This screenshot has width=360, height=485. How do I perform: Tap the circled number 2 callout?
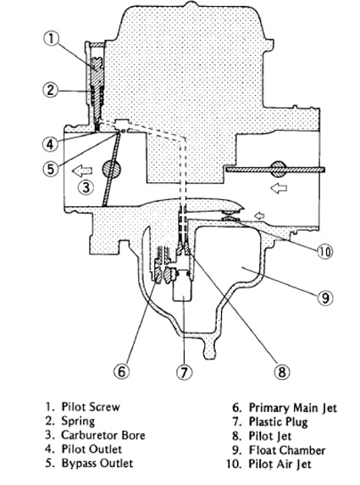click(51, 91)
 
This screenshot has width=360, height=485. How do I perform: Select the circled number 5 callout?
click(51, 169)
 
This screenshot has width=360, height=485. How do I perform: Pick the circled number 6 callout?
click(122, 371)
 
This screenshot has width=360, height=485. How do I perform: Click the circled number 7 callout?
click(184, 371)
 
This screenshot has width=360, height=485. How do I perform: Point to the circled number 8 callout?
click(282, 371)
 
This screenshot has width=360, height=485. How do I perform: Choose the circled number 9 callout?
click(325, 298)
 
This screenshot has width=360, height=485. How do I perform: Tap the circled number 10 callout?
click(324, 251)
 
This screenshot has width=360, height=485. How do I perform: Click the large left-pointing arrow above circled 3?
click(82, 170)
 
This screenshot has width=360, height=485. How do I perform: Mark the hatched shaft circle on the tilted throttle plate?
click(111, 170)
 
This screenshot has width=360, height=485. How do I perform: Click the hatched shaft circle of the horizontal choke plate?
click(278, 170)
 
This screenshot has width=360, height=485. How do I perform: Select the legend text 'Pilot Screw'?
click(91, 407)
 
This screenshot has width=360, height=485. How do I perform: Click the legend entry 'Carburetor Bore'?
click(103, 435)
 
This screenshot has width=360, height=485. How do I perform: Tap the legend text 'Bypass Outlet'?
click(97, 463)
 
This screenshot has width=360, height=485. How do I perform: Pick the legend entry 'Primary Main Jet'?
click(293, 408)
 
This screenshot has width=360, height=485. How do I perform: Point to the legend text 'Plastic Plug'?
click(278, 422)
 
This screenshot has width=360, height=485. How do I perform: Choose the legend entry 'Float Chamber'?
click(287, 450)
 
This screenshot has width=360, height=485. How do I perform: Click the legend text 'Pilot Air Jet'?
click(280, 464)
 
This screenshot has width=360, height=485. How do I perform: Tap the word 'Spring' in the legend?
click(78, 421)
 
